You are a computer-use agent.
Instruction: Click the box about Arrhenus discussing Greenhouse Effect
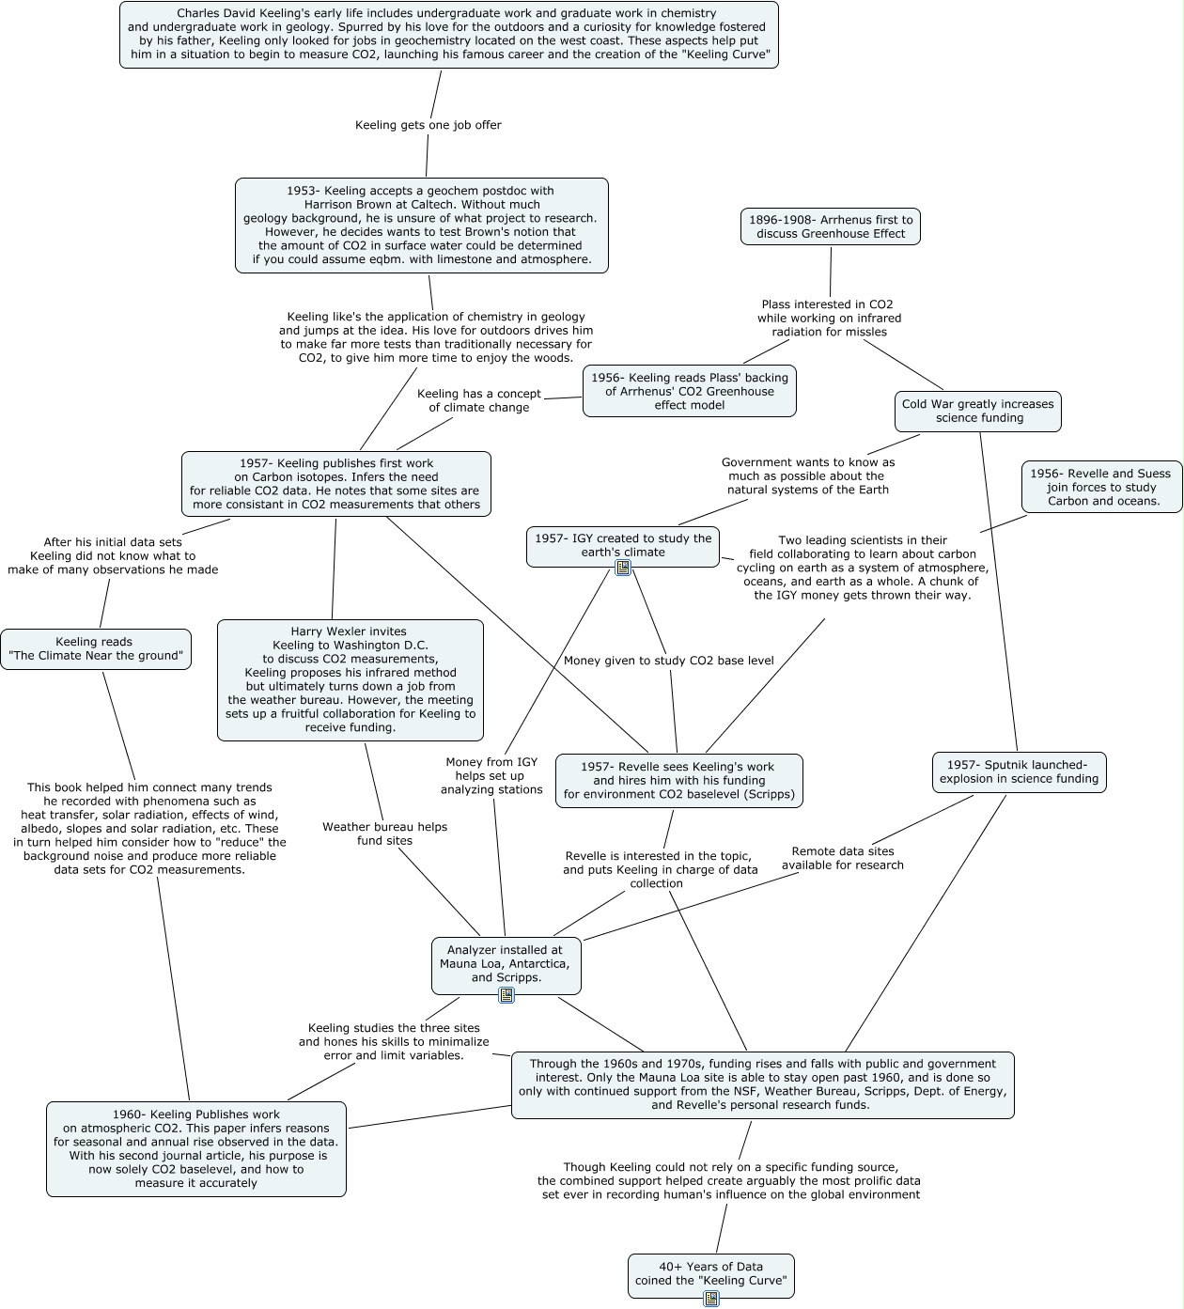[831, 226]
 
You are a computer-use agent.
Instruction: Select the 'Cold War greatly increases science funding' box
[978, 411]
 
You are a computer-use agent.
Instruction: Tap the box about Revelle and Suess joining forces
[1101, 487]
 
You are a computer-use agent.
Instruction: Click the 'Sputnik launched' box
[1019, 771]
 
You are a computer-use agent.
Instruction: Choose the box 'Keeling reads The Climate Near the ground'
[95, 648]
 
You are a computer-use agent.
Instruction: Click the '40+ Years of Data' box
[710, 1273]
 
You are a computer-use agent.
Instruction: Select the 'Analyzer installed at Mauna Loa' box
[506, 963]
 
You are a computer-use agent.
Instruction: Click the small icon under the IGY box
[623, 568]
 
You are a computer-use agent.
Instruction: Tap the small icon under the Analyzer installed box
[506, 995]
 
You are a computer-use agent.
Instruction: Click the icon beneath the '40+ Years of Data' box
[711, 1299]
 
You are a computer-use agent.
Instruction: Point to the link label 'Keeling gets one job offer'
[428, 125]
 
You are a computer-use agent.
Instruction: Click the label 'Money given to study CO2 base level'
[668, 661]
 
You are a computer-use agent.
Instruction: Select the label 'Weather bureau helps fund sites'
[384, 834]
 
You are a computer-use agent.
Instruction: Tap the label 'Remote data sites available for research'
[843, 858]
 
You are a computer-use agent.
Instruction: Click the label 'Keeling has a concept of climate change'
[479, 400]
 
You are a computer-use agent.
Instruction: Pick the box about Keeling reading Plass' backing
[689, 391]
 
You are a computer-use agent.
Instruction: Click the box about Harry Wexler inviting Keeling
[351, 679]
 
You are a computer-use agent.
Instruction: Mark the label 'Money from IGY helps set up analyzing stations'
[491, 775]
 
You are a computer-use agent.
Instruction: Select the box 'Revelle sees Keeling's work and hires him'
[678, 781]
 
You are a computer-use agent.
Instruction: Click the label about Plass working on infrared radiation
[828, 318]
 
